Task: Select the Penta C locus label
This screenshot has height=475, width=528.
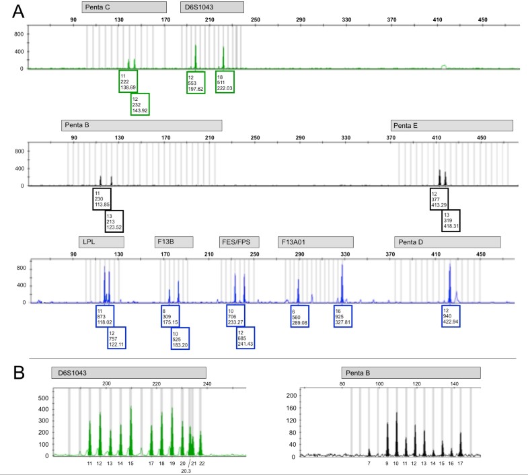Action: (124, 7)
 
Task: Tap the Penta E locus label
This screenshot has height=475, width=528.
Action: (451, 126)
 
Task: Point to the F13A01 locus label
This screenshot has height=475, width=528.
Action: (315, 242)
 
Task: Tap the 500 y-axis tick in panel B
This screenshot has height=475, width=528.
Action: (43, 398)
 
